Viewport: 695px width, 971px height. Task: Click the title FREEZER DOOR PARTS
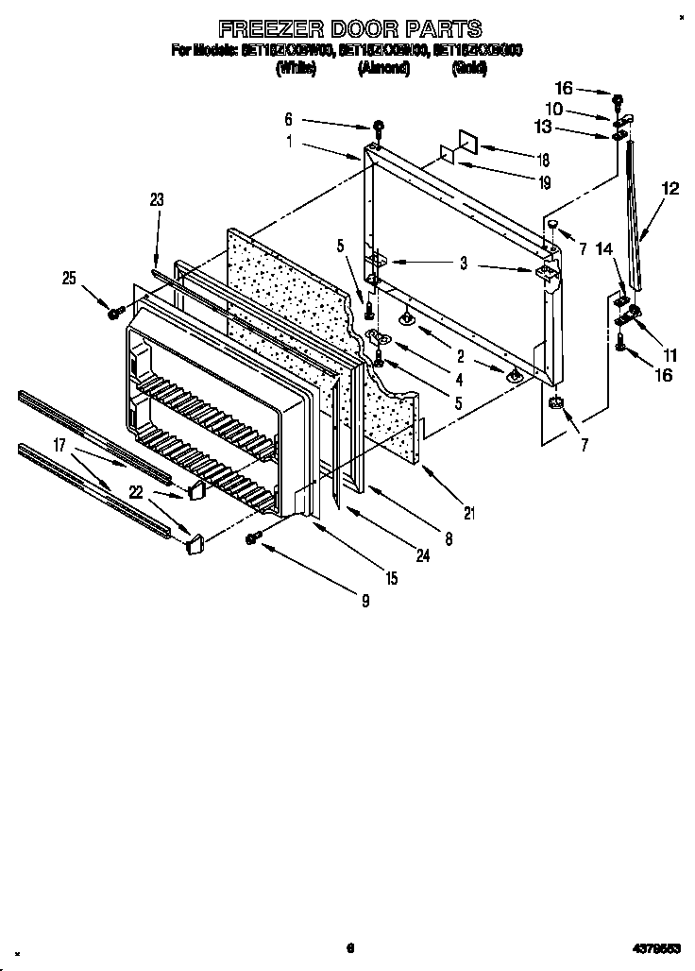[x=349, y=28]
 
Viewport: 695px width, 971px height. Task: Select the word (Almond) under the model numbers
[x=384, y=67]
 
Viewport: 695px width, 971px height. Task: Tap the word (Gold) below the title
[x=470, y=67]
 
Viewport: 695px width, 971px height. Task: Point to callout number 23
[x=157, y=199]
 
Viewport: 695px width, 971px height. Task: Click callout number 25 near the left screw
[x=68, y=277]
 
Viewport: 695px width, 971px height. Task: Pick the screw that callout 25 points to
[x=114, y=312]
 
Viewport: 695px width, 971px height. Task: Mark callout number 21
[x=469, y=514]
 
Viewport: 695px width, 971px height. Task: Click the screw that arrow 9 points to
[x=253, y=538]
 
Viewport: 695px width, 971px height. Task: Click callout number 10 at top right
[x=554, y=111]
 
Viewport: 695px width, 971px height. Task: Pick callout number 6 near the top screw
[x=289, y=120]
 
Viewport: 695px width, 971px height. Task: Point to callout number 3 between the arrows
[x=463, y=264]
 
